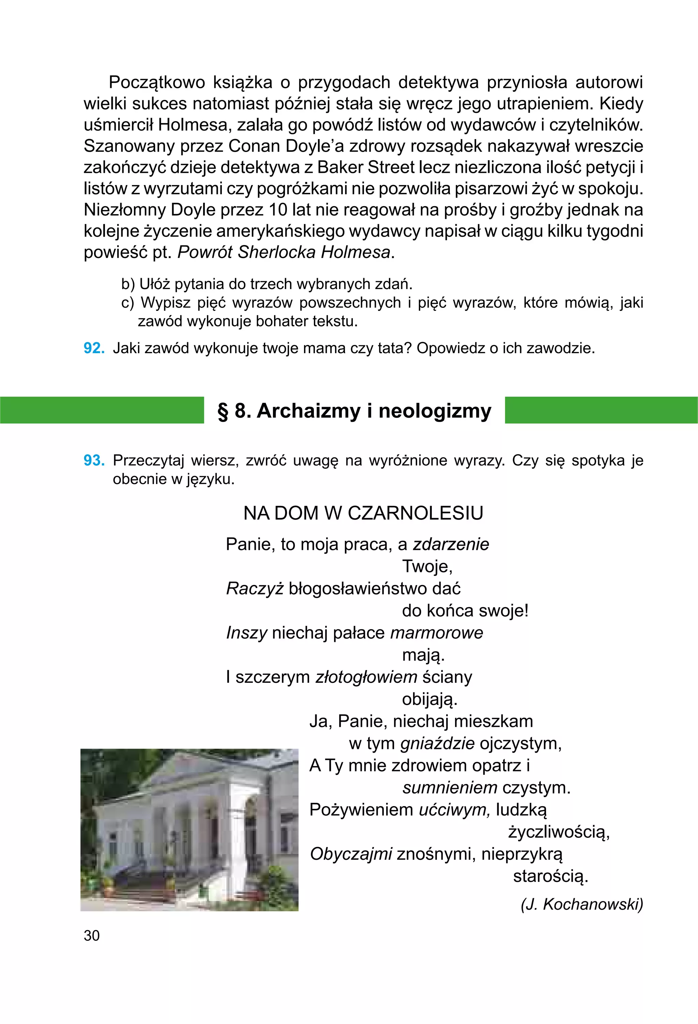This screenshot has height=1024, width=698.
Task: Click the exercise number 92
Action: pyautogui.click(x=94, y=348)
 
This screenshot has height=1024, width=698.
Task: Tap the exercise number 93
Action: pyautogui.click(x=94, y=461)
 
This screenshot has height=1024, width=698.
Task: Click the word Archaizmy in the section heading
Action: pyautogui.click(x=308, y=411)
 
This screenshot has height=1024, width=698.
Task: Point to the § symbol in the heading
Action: pyautogui.click(x=224, y=411)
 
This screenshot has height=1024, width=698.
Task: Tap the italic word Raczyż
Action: pyautogui.click(x=255, y=589)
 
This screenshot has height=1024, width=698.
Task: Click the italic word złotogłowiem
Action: pyautogui.click(x=366, y=677)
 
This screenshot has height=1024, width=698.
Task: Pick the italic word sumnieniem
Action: pyautogui.click(x=450, y=787)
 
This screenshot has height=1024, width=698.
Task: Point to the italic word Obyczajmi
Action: pyautogui.click(x=351, y=854)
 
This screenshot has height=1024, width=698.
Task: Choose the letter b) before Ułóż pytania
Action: pyautogui.click(x=128, y=284)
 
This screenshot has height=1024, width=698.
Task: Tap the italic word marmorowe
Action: pyautogui.click(x=436, y=633)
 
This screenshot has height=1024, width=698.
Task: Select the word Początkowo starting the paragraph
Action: pyautogui.click(x=157, y=82)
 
